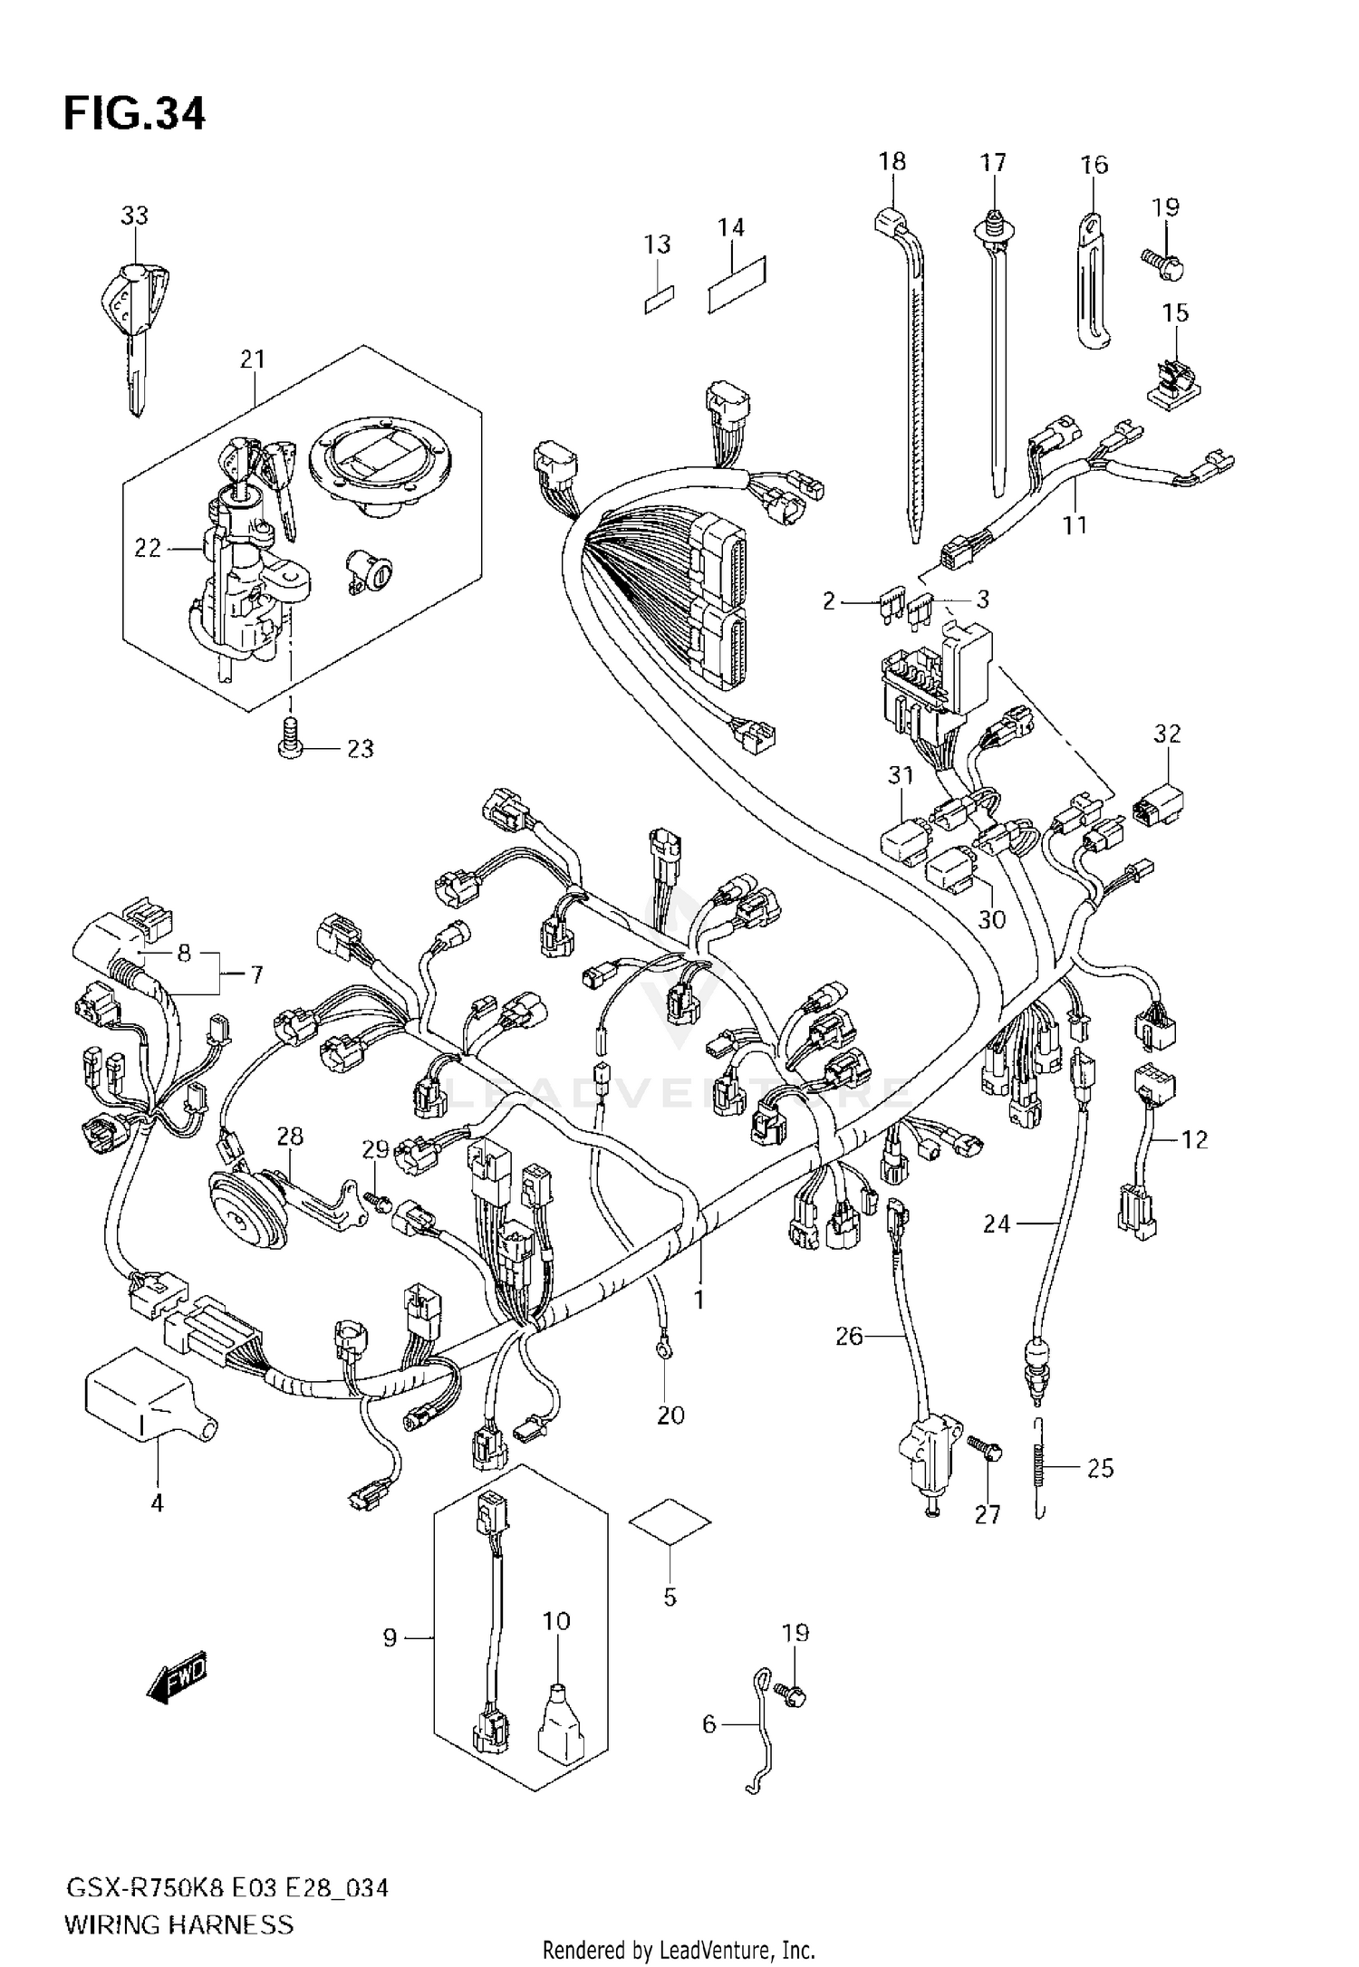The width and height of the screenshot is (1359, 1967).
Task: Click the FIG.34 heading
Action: pyautogui.click(x=134, y=115)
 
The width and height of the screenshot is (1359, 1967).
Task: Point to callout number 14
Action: pyautogui.click(x=730, y=228)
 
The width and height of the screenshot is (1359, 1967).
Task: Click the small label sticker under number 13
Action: pyautogui.click(x=660, y=301)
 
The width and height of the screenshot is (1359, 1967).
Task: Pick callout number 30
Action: pyautogui.click(x=992, y=919)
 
